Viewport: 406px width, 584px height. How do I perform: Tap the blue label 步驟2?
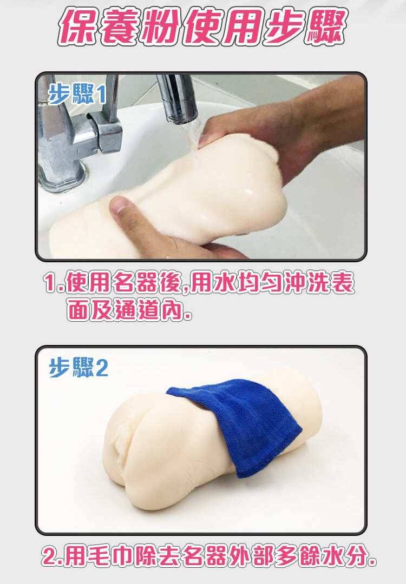click(x=78, y=367)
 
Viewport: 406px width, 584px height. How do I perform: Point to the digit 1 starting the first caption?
click(x=50, y=283)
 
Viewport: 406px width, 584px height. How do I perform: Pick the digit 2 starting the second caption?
click(x=49, y=556)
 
